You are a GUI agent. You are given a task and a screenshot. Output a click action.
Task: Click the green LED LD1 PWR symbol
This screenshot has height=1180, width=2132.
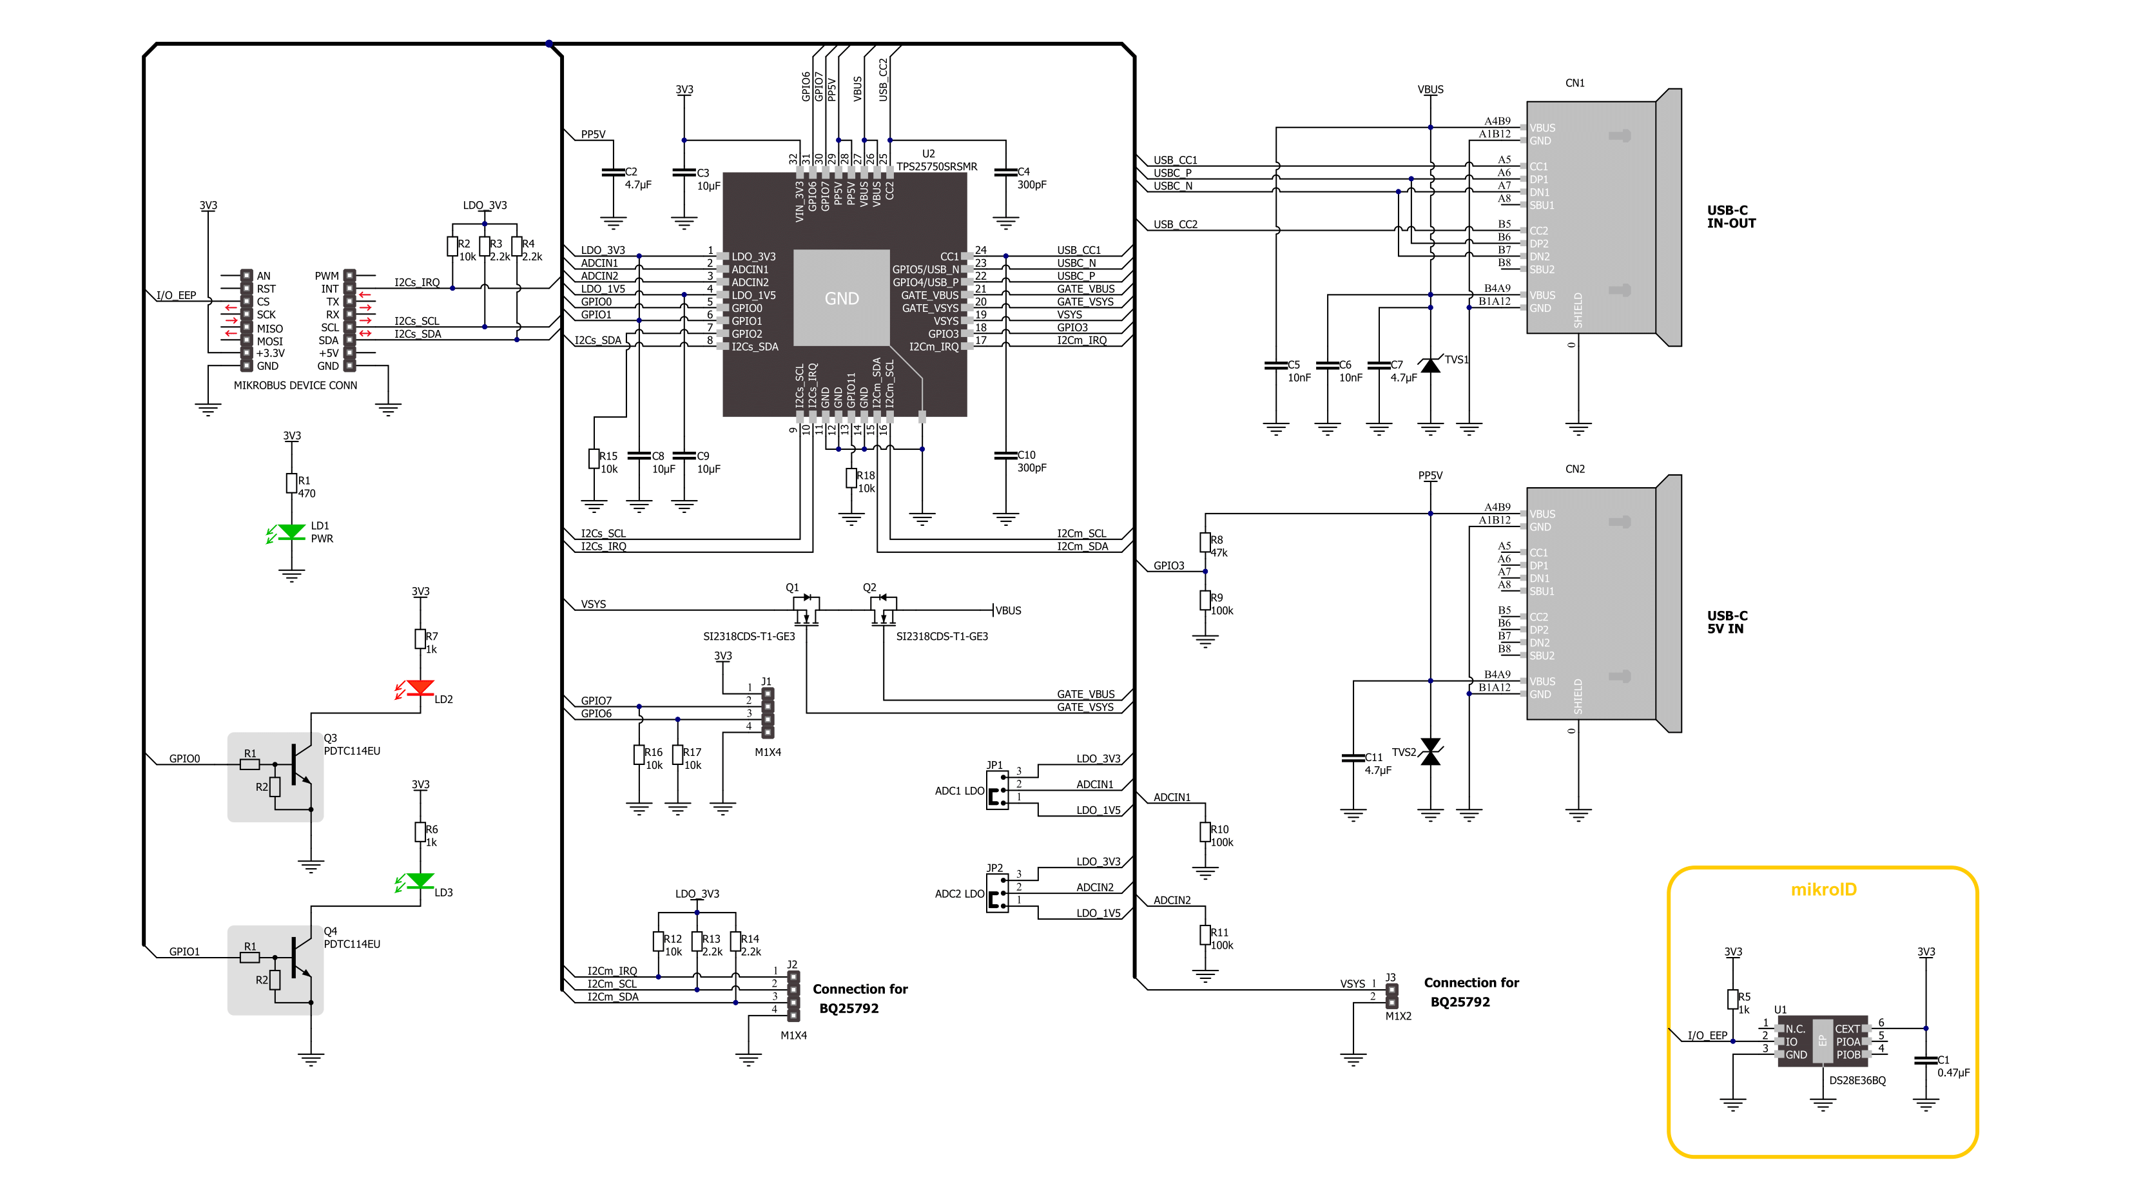tap(291, 532)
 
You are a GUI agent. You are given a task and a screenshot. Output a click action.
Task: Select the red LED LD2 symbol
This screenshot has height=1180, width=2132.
tap(420, 688)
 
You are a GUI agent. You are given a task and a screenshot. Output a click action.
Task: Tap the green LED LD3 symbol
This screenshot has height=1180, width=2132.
tap(420, 880)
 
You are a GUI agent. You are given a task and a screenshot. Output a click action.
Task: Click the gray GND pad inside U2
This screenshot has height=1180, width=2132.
tap(842, 298)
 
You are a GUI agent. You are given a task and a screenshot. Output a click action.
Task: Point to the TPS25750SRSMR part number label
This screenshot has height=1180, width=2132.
tap(936, 166)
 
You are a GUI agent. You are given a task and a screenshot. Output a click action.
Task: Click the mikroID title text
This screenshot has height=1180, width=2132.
tap(1823, 889)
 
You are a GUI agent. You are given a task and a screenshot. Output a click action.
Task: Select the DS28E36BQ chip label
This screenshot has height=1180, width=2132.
tap(1857, 1080)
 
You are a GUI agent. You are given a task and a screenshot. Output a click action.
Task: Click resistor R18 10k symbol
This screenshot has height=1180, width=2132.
tap(851, 478)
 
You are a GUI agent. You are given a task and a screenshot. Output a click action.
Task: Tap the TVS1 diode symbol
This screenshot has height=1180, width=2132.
tap(1430, 365)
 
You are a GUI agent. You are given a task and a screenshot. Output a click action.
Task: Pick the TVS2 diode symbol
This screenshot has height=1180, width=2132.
tap(1430, 751)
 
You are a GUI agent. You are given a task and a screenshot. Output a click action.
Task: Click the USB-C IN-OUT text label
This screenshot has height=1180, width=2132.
tap(1730, 217)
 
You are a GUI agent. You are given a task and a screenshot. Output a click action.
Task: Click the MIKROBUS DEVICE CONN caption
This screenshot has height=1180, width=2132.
tap(295, 385)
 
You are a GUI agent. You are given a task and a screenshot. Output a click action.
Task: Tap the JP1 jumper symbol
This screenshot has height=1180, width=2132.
tap(997, 790)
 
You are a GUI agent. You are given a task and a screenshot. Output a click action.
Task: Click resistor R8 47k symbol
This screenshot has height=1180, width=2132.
tap(1205, 542)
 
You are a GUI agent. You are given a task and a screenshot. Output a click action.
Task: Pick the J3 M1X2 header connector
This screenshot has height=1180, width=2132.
tap(1392, 996)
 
